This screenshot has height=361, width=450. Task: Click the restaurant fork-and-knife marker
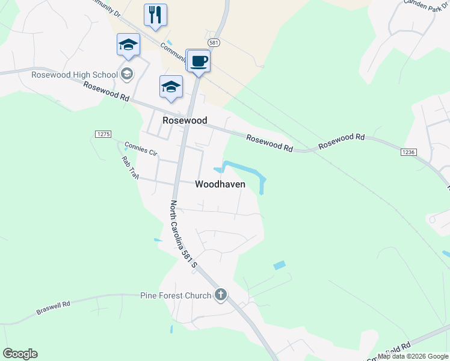(x=155, y=15)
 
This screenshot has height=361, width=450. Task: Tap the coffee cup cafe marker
(x=199, y=61)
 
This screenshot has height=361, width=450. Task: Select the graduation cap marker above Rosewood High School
(x=128, y=45)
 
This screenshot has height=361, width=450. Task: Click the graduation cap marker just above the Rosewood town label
(x=171, y=87)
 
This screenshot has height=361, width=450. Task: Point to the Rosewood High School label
(x=75, y=75)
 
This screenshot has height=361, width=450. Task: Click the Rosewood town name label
(x=185, y=120)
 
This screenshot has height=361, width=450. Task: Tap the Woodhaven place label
(x=220, y=185)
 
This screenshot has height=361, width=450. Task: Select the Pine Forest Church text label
(x=175, y=295)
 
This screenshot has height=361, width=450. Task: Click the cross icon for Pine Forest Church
(x=221, y=295)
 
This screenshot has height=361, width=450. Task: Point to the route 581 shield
(x=214, y=43)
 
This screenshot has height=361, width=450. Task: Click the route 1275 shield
(x=103, y=133)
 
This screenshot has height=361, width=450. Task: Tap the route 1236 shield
(x=407, y=153)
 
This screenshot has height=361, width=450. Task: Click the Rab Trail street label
(x=129, y=167)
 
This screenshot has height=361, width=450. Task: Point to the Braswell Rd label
(x=53, y=308)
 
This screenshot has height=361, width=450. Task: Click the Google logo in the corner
(x=20, y=354)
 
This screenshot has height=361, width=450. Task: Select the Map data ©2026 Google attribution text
(x=413, y=356)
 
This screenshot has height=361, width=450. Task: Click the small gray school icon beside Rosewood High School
(x=126, y=74)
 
